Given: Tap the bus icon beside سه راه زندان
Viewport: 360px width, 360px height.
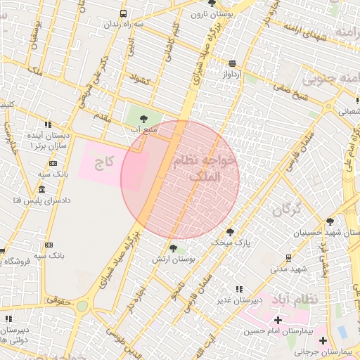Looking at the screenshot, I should click(x=124, y=13).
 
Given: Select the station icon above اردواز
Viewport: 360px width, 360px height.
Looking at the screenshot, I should click(x=233, y=63).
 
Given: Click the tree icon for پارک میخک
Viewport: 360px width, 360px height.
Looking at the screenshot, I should click(x=229, y=232).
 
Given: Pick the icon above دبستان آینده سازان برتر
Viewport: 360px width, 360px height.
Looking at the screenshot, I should click(x=47, y=124).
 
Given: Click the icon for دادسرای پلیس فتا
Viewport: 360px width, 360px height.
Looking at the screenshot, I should click(x=41, y=190).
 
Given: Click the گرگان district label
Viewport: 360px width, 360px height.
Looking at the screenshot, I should click(x=286, y=209).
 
